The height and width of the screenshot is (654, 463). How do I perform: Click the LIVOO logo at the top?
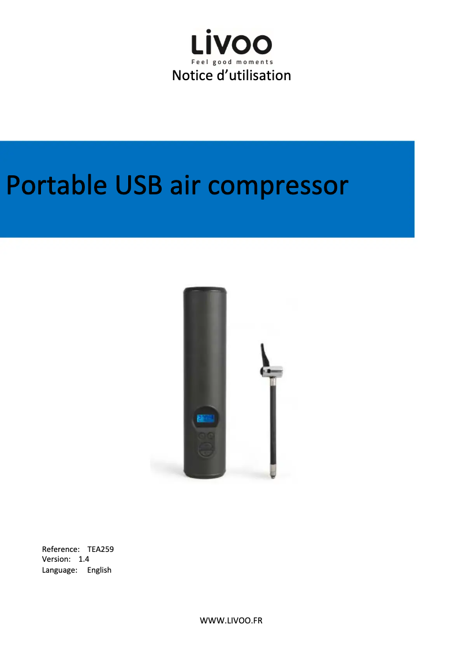pos(231,42)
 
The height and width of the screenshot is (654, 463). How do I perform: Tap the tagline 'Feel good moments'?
pos(232,62)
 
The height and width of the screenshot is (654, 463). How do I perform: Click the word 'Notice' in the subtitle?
pos(192,76)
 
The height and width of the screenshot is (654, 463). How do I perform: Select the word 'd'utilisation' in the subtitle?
pos(254,76)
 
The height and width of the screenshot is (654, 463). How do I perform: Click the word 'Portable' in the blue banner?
pos(57,185)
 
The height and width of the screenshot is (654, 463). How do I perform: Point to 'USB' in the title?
pos(139,185)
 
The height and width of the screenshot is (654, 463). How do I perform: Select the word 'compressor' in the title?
pos(278,187)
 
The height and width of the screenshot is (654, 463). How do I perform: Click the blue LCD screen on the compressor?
pos(206,418)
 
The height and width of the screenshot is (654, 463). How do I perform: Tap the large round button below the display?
pos(206,450)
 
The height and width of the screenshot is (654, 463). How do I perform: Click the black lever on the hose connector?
pos(264,356)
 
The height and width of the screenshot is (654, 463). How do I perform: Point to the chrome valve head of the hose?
pos(272,371)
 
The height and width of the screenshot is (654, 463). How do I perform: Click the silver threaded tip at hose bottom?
pos(272,472)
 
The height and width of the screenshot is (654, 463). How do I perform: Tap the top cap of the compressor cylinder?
pos(205,290)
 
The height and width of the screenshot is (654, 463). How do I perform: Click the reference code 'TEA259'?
pos(100,549)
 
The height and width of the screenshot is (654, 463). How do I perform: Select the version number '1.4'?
pos(84,559)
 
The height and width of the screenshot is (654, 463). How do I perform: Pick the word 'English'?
pos(99,570)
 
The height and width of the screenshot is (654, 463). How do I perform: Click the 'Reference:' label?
pos(61,549)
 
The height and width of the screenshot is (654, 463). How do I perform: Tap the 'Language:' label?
pos(59,570)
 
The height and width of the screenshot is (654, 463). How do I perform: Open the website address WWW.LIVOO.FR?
pos(231,621)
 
